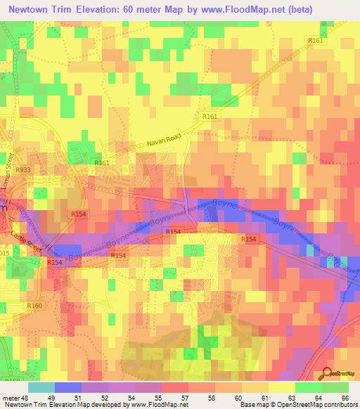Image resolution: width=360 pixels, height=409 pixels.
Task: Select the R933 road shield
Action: (x=23, y=169)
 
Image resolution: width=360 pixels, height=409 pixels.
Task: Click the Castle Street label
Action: (x=26, y=243)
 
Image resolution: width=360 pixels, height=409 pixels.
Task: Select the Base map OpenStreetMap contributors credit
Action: (x=297, y=405)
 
